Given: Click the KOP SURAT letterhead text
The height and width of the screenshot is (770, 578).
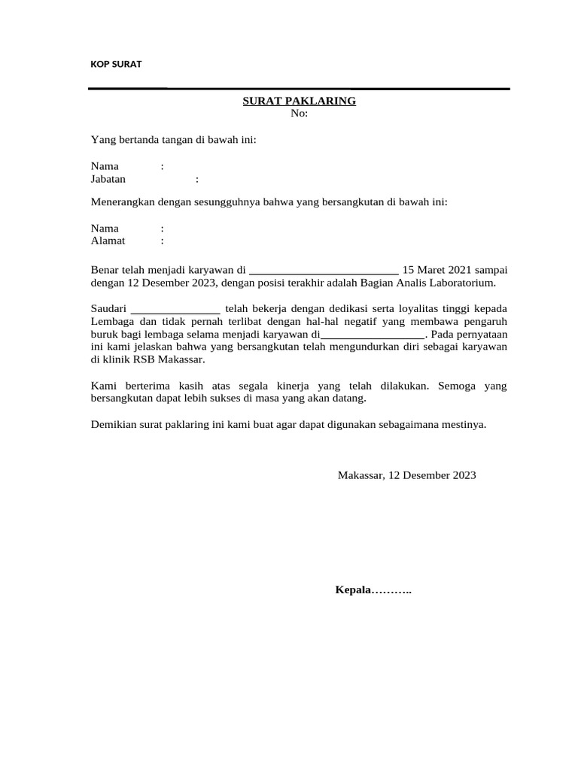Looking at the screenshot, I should pyautogui.click(x=116, y=65).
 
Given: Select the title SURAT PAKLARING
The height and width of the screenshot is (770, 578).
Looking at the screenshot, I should pyautogui.click(x=299, y=101).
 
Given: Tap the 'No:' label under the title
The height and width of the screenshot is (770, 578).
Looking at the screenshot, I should pyautogui.click(x=299, y=114).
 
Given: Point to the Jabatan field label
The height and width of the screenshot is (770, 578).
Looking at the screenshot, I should pyautogui.click(x=108, y=179).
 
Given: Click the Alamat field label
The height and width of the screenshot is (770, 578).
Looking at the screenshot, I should pyautogui.click(x=108, y=241).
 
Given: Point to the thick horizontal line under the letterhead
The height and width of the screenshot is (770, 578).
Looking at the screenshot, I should pyautogui.click(x=299, y=89).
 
